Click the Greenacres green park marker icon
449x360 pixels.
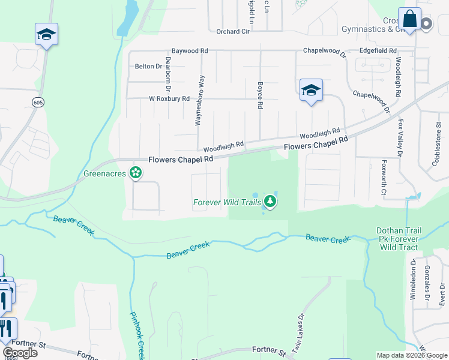[136, 173]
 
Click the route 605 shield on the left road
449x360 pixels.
[38, 103]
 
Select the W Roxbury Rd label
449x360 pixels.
[169, 98]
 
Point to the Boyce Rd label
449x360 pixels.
[260, 95]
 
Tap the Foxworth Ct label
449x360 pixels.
[384, 178]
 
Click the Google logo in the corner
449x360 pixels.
[20, 352]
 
